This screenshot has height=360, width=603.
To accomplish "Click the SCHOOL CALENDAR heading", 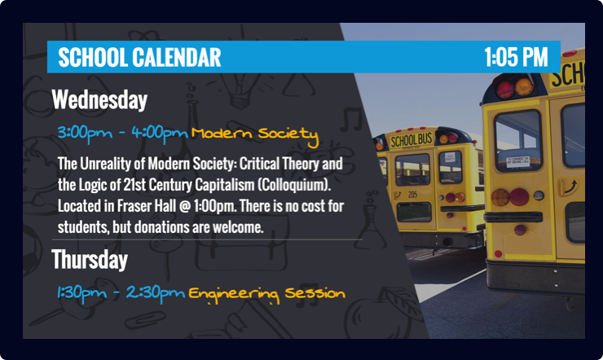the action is click(139, 57).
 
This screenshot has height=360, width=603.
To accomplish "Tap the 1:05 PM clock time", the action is click(516, 57).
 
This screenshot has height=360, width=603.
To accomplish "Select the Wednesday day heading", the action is click(99, 100).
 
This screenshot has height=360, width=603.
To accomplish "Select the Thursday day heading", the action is click(90, 259).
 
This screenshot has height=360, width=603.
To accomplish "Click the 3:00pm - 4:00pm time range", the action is click(123, 134).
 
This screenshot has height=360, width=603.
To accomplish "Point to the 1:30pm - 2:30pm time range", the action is click(121, 293).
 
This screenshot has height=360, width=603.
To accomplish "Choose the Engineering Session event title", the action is click(267, 294).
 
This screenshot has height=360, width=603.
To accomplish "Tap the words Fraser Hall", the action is click(146, 206).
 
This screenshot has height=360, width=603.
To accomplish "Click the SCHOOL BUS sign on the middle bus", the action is click(412, 140).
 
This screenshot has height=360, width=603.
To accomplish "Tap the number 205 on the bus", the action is click(412, 195).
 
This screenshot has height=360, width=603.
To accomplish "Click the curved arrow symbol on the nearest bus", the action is click(570, 187).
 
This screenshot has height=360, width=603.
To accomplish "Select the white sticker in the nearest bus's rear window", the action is click(517, 161).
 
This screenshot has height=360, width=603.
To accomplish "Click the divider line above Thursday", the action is click(207, 239).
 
